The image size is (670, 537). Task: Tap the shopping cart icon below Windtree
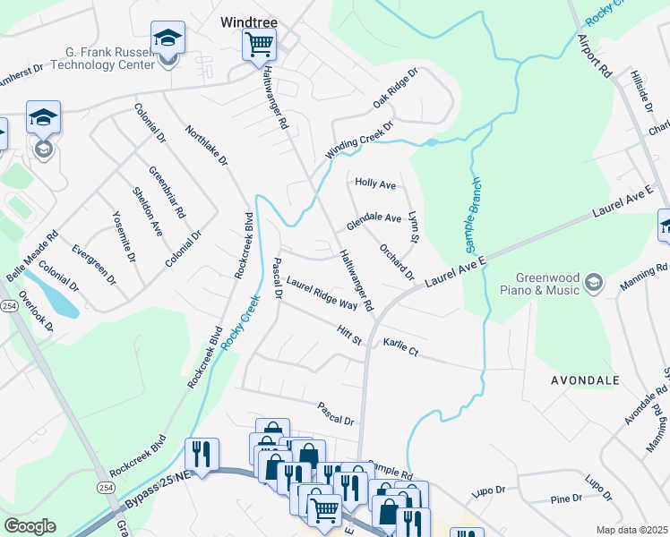tap(259, 43)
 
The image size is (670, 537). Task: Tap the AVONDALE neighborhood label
tap(585, 380)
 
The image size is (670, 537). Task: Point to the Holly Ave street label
tap(375, 184)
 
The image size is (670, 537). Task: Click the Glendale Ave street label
tap(374, 217)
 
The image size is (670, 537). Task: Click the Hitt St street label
tap(348, 334)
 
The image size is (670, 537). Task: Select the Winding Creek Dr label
tap(359, 141)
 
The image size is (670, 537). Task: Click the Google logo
tap(30, 525)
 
